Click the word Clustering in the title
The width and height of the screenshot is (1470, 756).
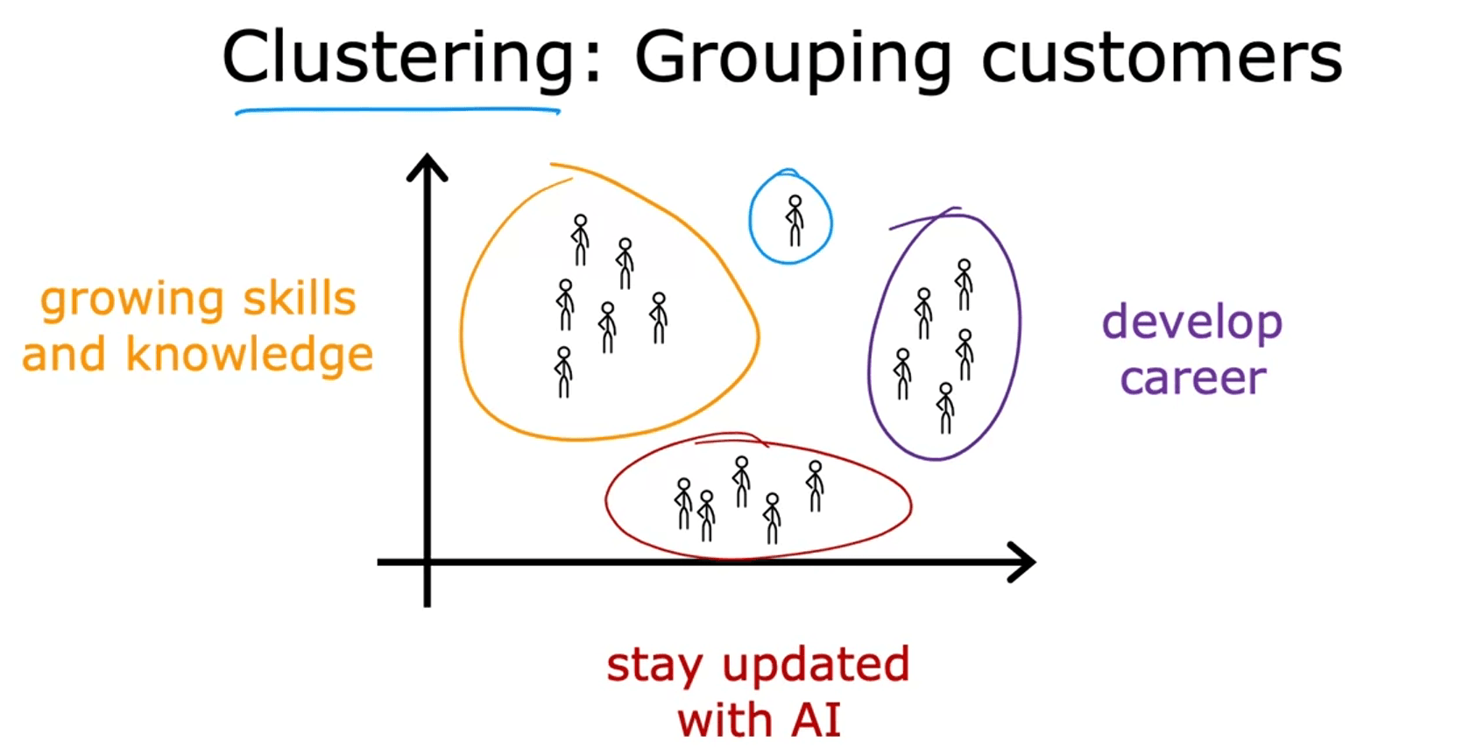399,58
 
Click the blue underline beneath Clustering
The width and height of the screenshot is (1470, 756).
397,111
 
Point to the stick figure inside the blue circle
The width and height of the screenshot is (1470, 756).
795,221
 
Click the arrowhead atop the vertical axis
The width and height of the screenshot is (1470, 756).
428,167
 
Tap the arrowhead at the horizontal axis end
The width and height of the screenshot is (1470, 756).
1021,562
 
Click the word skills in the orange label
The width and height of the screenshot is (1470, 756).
300,300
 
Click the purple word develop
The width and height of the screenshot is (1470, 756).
1192,323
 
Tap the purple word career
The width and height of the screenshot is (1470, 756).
1193,378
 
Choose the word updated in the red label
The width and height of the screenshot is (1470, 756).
816,666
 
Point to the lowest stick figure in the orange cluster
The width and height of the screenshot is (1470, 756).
563,373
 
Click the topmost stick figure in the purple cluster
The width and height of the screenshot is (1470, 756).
964,285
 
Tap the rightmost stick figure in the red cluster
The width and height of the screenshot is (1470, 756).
815,486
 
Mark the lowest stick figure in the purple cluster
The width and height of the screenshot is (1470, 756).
945,408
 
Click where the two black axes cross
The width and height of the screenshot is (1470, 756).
428,562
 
